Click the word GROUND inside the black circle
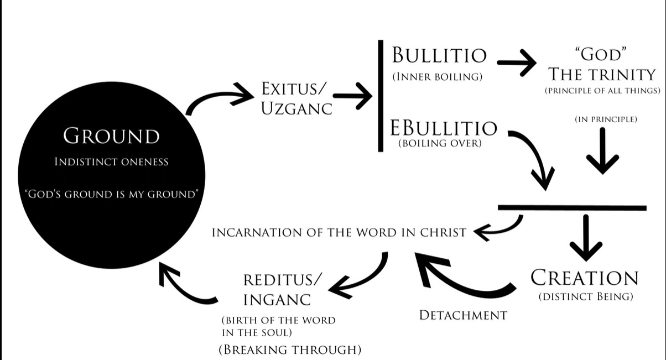click(x=111, y=136)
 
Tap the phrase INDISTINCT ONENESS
click(x=111, y=162)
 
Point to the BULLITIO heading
click(x=439, y=55)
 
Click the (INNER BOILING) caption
click(x=435, y=77)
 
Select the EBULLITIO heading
click(x=444, y=128)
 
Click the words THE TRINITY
click(x=600, y=74)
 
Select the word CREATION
click(x=585, y=278)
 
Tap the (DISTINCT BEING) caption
click(x=585, y=297)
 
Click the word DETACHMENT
click(x=463, y=315)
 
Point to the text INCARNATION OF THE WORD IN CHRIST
click(x=339, y=232)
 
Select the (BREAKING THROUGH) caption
click(x=290, y=349)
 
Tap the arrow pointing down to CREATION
click(x=585, y=238)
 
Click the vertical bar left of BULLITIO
click(x=381, y=95)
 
